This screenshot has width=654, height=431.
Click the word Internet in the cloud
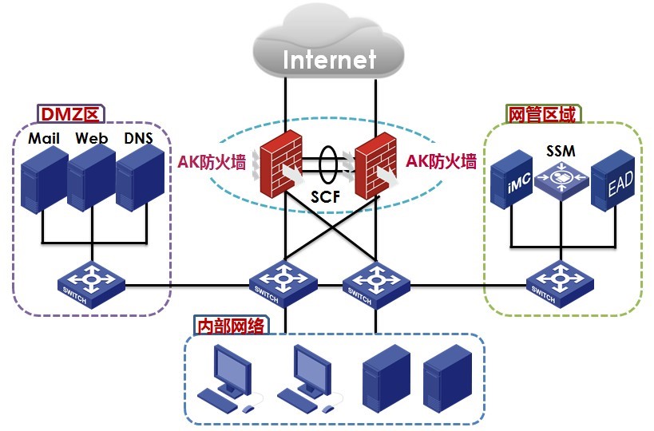tap(328, 59)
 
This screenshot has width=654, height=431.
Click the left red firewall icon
tap(280, 163)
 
